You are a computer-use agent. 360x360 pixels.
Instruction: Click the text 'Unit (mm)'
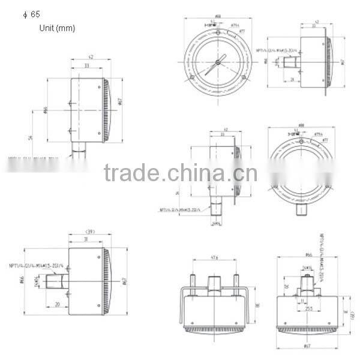tap(57, 28)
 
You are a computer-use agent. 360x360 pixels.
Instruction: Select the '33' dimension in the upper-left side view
tap(88, 65)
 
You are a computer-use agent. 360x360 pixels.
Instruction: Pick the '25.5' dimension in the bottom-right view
tap(310, 309)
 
